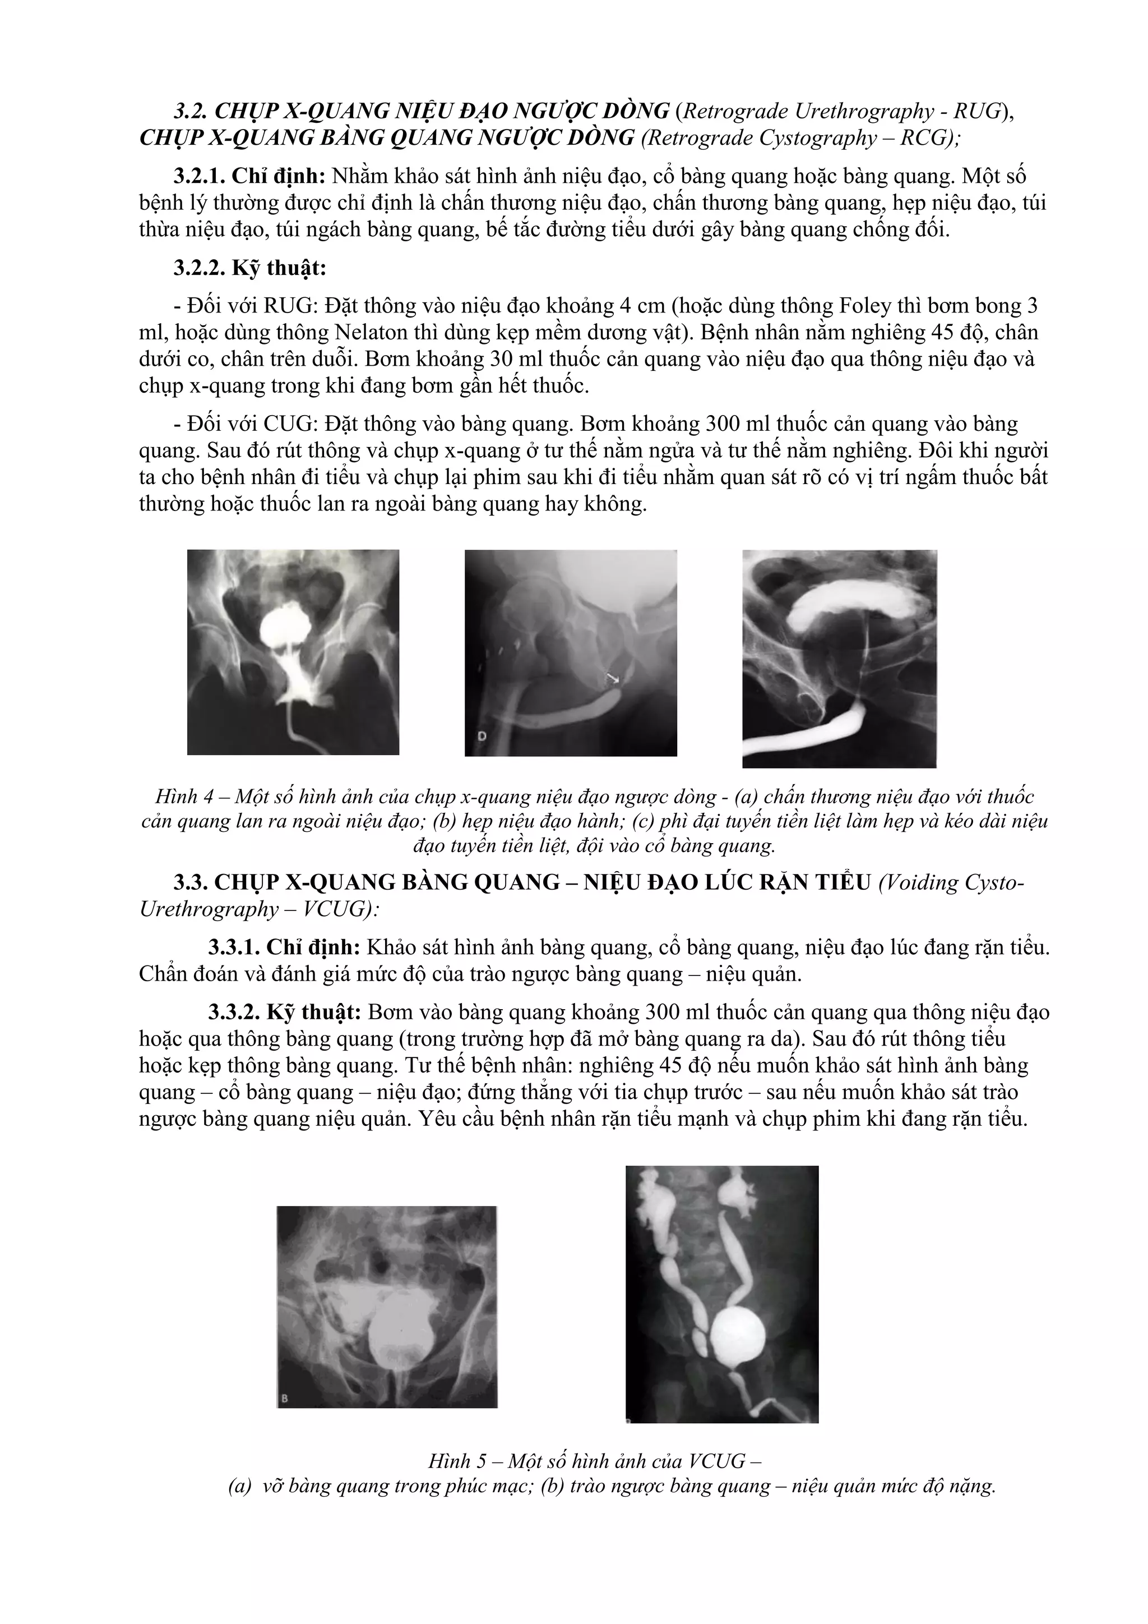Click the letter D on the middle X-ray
(482, 737)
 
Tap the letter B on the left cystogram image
(284, 1398)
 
